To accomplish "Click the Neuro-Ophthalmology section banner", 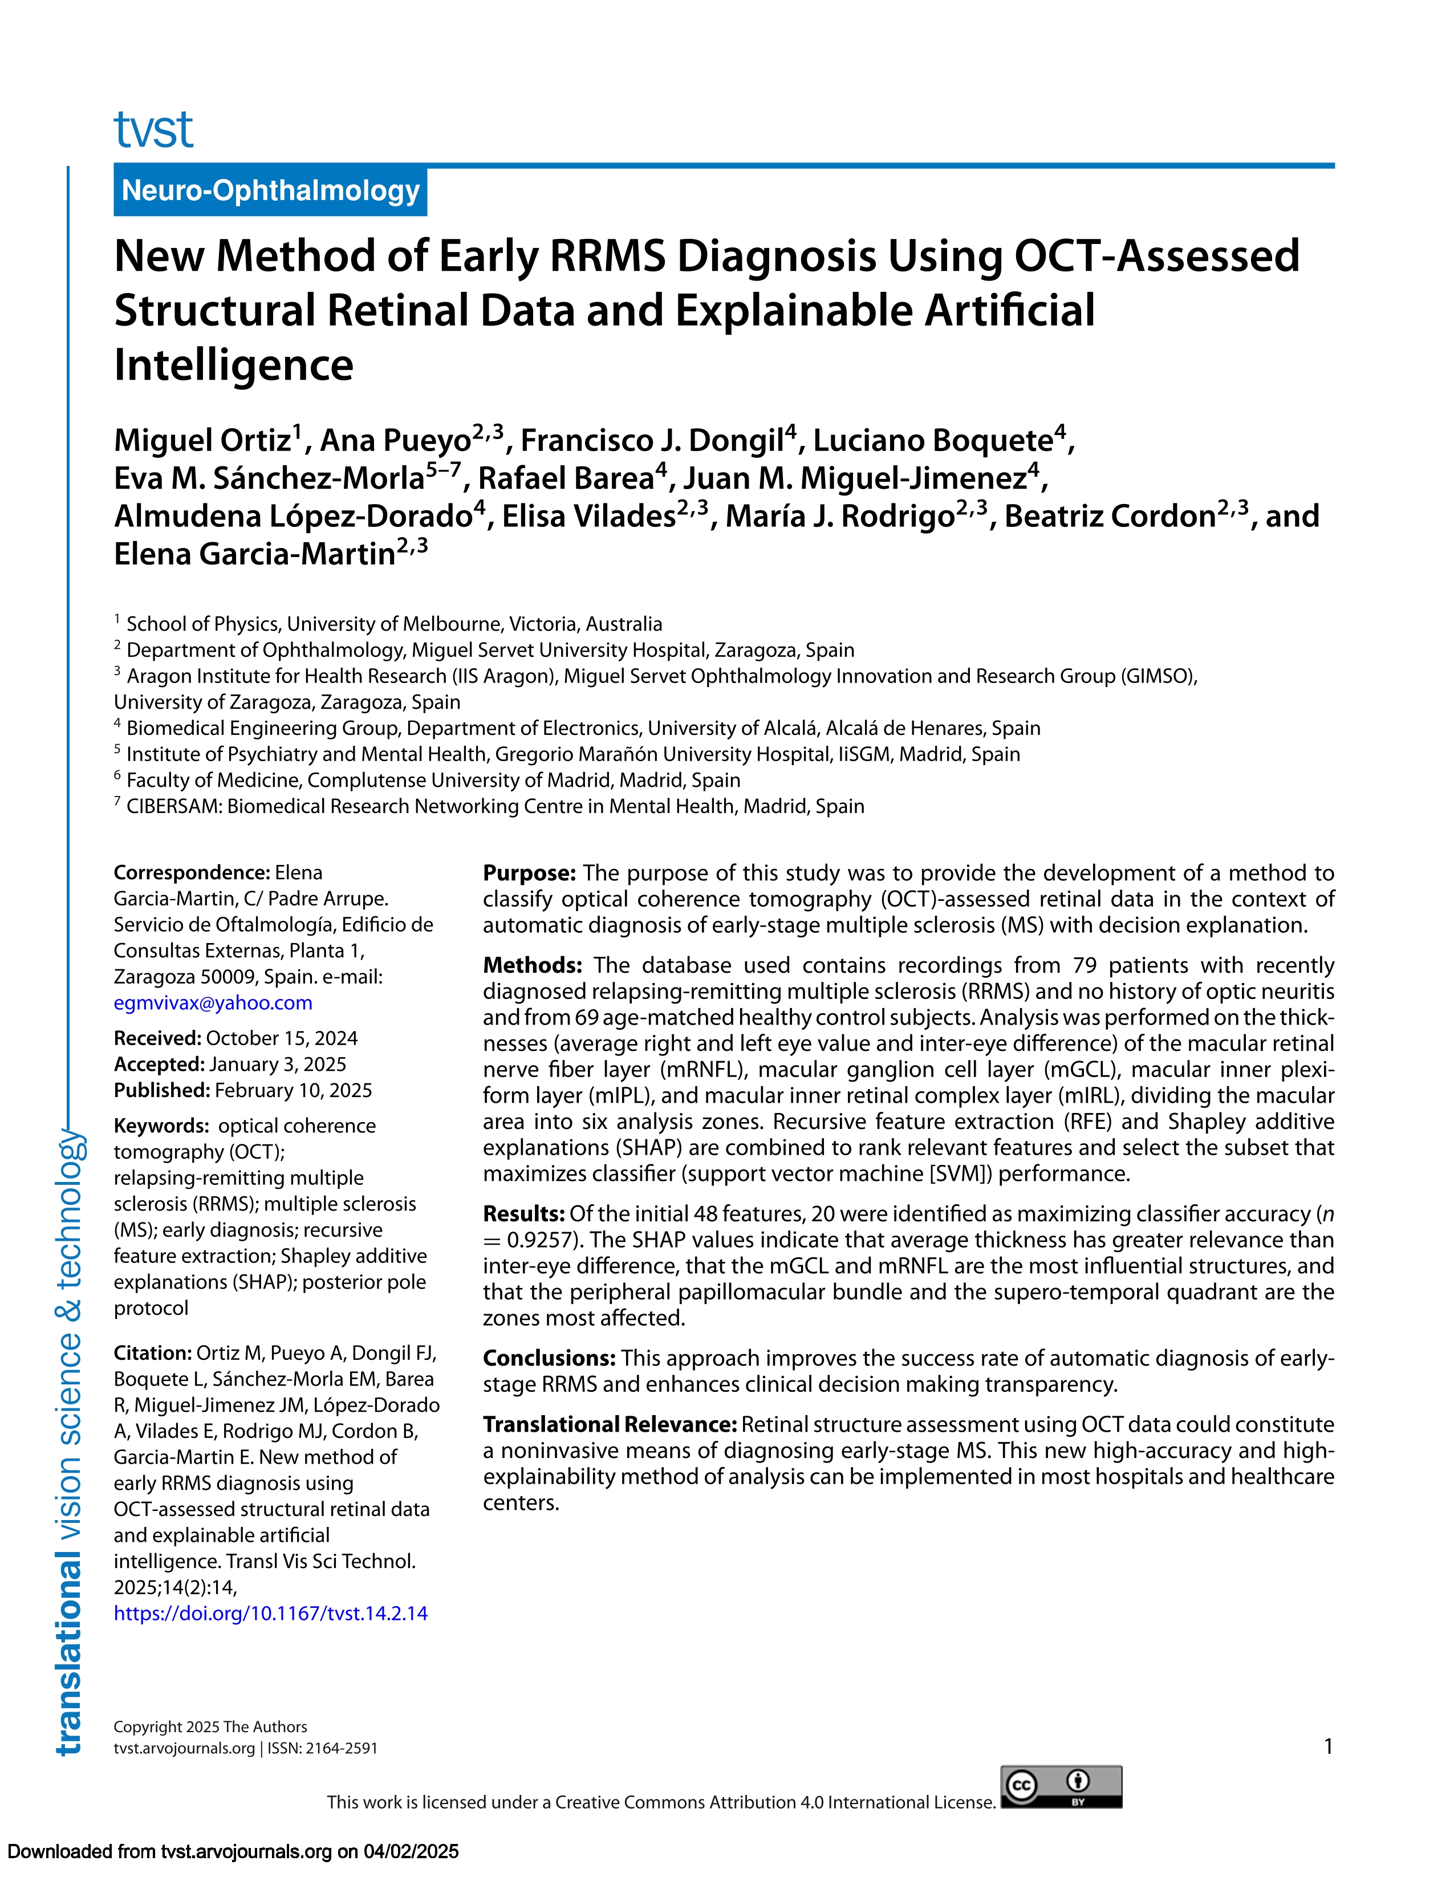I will click(270, 190).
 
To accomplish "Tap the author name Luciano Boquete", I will click(933, 441).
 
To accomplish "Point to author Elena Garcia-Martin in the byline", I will click(254, 554).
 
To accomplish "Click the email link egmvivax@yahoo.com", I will click(213, 1002).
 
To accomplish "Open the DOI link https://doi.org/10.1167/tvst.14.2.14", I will click(270, 1613).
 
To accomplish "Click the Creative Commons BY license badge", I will click(1061, 1786).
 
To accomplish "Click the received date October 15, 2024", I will click(282, 1039).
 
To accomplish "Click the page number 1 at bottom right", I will click(1328, 1746).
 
